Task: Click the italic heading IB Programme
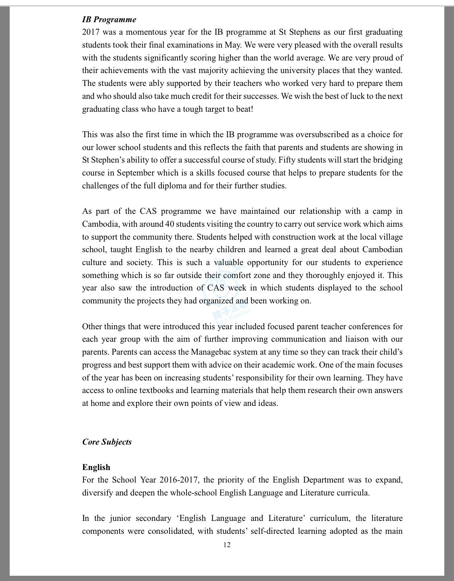point(109,19)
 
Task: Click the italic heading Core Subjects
point(107,442)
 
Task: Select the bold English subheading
point(96,467)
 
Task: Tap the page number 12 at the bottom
point(227,545)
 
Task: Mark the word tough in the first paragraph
point(192,109)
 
